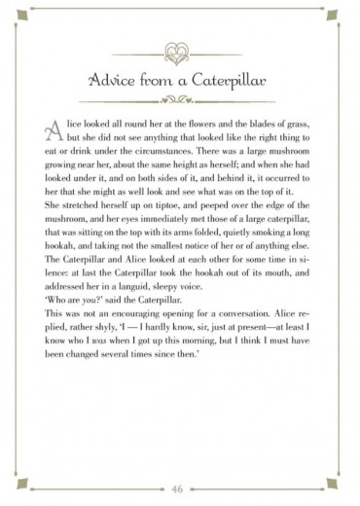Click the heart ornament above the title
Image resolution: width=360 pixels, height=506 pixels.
(x=180, y=50)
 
